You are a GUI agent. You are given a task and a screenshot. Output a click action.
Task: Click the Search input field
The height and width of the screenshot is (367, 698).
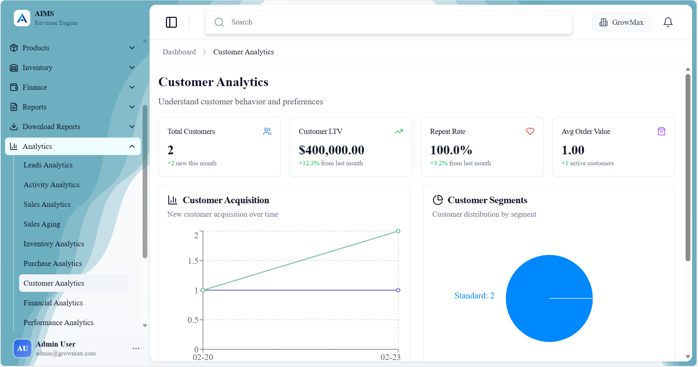click(x=388, y=22)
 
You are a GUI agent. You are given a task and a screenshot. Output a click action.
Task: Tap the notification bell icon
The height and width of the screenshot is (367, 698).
click(x=668, y=22)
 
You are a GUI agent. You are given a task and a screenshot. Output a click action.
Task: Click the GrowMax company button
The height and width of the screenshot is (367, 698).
click(x=621, y=22)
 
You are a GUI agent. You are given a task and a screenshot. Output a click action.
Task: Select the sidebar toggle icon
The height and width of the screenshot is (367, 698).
click(x=171, y=22)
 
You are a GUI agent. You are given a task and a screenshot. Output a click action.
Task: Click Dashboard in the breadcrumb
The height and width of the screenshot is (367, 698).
click(x=179, y=52)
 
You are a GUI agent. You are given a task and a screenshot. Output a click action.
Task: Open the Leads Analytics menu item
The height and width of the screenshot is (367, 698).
click(x=48, y=165)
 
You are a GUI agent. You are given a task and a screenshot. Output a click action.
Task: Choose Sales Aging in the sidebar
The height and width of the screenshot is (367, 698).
click(x=42, y=224)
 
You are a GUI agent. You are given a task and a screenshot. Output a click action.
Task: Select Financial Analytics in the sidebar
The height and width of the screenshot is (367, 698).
click(x=53, y=303)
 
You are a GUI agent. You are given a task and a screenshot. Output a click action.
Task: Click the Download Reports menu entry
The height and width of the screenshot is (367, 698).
click(x=51, y=127)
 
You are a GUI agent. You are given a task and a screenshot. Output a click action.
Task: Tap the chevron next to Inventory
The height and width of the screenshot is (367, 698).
click(x=132, y=67)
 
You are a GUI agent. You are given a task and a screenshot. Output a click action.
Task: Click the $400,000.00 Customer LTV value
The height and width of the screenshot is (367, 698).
click(x=331, y=150)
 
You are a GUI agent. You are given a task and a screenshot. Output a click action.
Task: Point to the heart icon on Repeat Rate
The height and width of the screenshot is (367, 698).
click(x=530, y=131)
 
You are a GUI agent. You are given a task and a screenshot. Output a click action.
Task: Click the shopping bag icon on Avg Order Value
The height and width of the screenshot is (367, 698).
click(x=661, y=131)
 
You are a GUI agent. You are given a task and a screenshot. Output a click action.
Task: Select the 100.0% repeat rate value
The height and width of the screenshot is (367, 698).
click(x=451, y=150)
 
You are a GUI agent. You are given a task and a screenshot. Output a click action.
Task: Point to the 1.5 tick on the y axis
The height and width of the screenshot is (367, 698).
click(x=193, y=261)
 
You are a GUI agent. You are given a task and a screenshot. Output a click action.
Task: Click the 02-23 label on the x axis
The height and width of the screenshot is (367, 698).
click(x=390, y=357)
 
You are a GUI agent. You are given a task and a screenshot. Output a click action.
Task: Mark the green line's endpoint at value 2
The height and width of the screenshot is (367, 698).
click(x=398, y=231)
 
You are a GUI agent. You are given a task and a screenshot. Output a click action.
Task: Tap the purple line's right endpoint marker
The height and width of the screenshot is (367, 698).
click(x=398, y=290)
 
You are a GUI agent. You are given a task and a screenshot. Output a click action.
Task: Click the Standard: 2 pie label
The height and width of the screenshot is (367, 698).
click(x=474, y=295)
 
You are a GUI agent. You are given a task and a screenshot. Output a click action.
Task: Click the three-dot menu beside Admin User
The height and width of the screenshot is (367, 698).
click(x=136, y=348)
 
